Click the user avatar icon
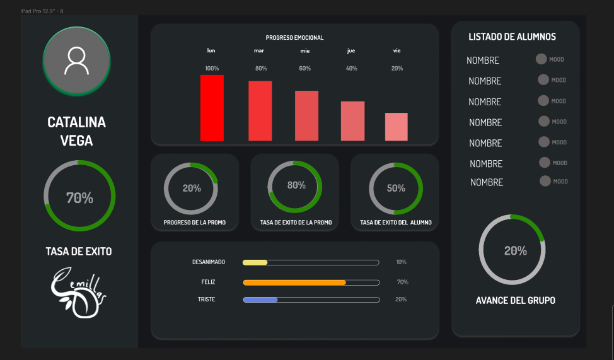click(x=76, y=61)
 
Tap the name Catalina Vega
click(x=76, y=131)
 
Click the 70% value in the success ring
click(x=79, y=198)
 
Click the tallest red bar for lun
click(x=212, y=108)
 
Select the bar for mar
click(x=260, y=111)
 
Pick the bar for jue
click(x=352, y=121)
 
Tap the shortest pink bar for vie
click(x=396, y=127)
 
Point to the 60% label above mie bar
click(x=304, y=68)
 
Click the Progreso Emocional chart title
click(x=294, y=38)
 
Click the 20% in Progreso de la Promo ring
click(x=192, y=188)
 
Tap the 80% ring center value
click(x=296, y=185)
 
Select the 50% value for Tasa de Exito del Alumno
click(x=396, y=188)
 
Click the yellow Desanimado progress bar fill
click(x=255, y=262)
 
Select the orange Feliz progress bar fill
click(x=294, y=282)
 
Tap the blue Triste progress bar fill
click(x=260, y=299)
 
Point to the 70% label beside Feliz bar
click(x=402, y=282)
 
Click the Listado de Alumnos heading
click(x=512, y=37)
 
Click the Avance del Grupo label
click(x=515, y=301)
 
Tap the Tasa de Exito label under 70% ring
click(x=79, y=252)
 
